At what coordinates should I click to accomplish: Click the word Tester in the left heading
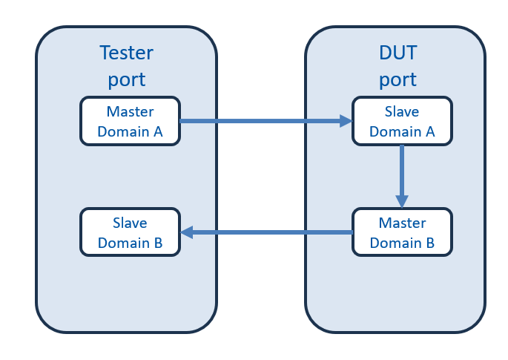pos(126,53)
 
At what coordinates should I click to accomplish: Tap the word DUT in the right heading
pos(398,53)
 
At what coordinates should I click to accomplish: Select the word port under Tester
pos(127,79)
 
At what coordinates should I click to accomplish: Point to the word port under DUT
pos(398,79)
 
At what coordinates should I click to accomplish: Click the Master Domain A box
pos(130,121)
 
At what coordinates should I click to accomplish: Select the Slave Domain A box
pos(402,121)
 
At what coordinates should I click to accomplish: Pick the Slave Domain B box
pos(130,232)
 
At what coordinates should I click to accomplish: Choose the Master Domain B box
pos(402,232)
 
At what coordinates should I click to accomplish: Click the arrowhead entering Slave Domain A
pos(346,121)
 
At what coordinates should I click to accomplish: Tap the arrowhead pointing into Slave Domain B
pos(187,232)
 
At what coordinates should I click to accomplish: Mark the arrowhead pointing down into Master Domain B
pos(402,201)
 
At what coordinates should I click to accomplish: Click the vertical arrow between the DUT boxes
pos(402,177)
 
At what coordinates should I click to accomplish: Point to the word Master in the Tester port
pos(130,111)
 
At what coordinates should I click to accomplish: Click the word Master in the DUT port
pos(403,223)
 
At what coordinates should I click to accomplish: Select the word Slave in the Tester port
pos(130,223)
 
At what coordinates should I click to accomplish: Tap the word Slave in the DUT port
pos(402,111)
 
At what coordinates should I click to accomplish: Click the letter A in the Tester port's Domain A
pos(158,131)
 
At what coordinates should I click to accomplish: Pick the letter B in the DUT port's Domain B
pos(430,243)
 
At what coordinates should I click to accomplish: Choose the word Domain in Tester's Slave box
pos(124,243)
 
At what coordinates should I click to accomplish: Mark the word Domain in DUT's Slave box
pos(395,131)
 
